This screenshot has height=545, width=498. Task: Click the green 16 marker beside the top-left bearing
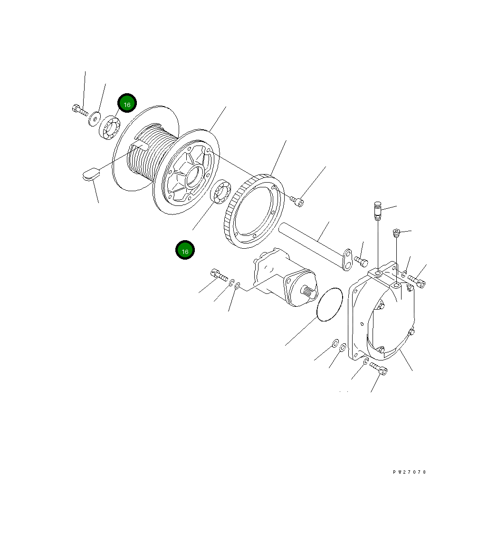click(x=127, y=104)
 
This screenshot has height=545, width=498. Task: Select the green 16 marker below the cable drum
click(x=185, y=251)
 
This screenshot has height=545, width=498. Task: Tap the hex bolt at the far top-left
click(x=79, y=110)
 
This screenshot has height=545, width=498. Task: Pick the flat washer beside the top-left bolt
click(x=95, y=117)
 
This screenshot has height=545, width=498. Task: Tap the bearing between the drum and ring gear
click(x=220, y=193)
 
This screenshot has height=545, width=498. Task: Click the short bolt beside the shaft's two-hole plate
click(x=362, y=261)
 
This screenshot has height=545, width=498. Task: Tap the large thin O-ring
click(x=329, y=304)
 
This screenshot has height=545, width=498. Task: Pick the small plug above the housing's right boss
click(x=396, y=233)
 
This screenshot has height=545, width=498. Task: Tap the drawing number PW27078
click(x=410, y=472)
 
